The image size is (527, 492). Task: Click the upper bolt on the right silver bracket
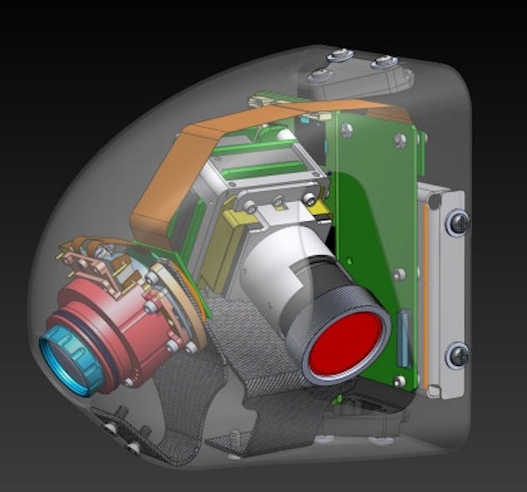click(458, 222)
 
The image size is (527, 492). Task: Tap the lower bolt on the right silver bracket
click(458, 355)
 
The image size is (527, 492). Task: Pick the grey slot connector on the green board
click(404, 338)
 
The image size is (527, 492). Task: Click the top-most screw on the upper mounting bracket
click(339, 55)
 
